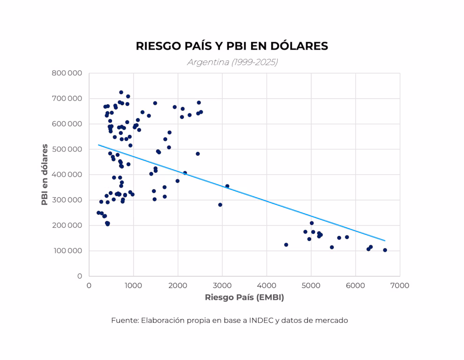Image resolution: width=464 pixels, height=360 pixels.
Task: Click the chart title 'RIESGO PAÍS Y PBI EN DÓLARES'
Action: pos(232,46)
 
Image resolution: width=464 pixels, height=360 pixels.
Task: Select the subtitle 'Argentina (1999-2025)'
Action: pos(232,62)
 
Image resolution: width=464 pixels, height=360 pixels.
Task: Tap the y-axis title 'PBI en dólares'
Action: pos(45,174)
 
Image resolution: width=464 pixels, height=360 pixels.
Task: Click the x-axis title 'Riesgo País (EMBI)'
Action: pos(244,297)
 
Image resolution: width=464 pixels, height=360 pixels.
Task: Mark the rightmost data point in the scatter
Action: pos(385,250)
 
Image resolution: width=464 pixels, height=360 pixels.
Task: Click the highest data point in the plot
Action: pos(121,92)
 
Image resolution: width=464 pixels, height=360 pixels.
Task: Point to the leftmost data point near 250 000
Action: pos(99,213)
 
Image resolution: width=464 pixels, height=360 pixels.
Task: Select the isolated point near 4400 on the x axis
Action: pos(286,245)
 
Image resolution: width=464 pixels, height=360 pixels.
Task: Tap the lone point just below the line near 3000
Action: pos(220,205)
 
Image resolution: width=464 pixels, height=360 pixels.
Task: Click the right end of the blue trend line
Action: pos(385,241)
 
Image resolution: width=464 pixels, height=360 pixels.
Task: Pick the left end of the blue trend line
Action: pos(98,145)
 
